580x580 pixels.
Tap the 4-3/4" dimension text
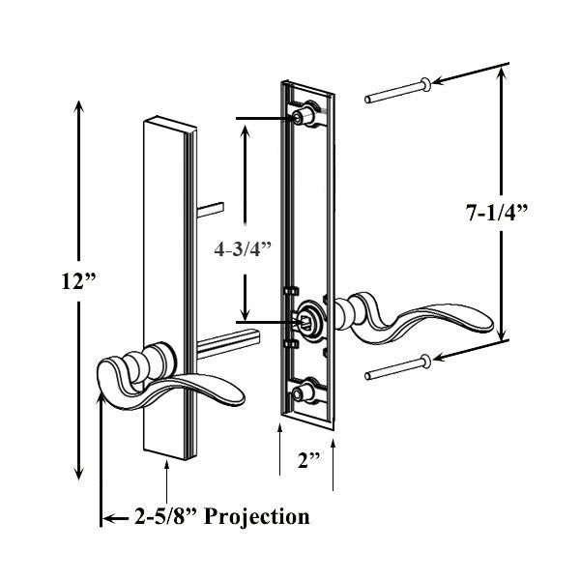click(242, 247)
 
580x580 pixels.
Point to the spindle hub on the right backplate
click(308, 319)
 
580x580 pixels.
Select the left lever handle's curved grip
click(193, 387)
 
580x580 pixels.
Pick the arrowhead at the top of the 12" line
click(77, 104)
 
